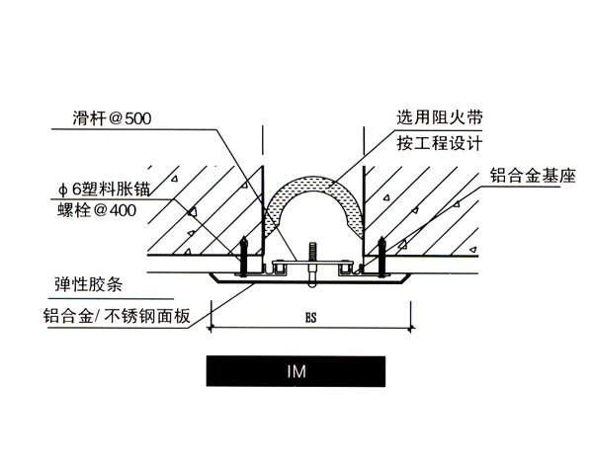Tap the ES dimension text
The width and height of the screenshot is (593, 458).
312,319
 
